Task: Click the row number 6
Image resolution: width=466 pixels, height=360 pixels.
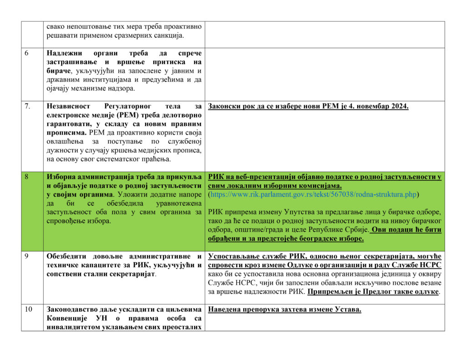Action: coord(26,53)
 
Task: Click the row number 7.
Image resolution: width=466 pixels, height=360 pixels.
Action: coord(28,106)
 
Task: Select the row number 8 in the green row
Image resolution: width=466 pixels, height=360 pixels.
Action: coord(26,177)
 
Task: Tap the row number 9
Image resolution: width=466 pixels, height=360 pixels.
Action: coord(26,256)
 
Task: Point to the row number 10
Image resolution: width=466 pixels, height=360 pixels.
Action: coord(28,309)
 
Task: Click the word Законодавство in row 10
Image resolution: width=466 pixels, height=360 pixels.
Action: coord(73,309)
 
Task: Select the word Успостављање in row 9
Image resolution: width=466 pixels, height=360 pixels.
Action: coord(233,256)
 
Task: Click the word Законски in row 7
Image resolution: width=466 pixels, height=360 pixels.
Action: coord(224,106)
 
